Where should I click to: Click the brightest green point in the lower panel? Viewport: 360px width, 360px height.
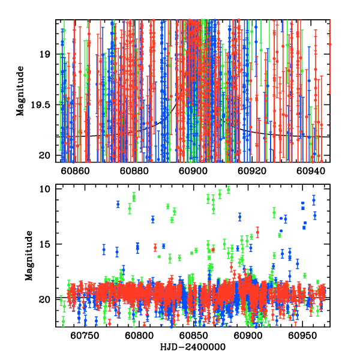pyautogui.click(x=228, y=190)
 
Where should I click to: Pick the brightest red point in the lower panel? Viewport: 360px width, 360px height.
pyautogui.click(x=258, y=232)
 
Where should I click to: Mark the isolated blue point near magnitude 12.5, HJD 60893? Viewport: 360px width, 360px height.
pyautogui.click(x=239, y=217)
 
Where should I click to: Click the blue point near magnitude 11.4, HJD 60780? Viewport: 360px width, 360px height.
pyautogui.click(x=118, y=204)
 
